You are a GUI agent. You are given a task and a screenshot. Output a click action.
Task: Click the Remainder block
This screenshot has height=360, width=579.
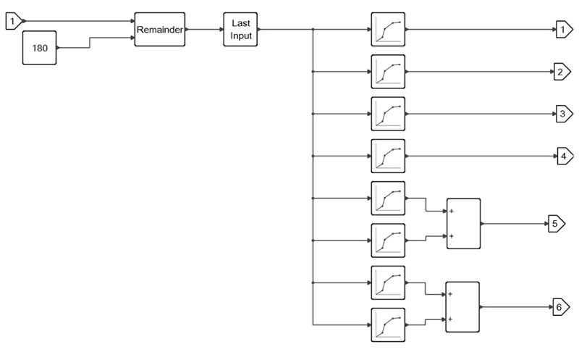click(x=159, y=30)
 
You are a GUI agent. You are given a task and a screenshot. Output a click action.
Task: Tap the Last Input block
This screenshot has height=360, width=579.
click(x=240, y=30)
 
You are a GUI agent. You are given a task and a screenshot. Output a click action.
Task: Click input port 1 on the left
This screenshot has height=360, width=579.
click(x=14, y=22)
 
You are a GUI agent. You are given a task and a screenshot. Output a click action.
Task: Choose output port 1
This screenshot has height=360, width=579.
click(x=562, y=30)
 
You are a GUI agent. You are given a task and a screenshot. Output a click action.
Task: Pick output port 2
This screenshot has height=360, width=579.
click(x=562, y=72)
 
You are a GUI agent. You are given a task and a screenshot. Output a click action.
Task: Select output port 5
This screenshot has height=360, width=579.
click(x=555, y=224)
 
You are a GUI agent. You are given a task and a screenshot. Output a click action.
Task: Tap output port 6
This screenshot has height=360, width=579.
click(x=562, y=306)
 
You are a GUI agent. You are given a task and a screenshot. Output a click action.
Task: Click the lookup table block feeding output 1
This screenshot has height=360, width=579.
click(x=389, y=30)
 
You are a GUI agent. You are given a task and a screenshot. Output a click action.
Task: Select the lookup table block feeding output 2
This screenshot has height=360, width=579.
click(x=389, y=72)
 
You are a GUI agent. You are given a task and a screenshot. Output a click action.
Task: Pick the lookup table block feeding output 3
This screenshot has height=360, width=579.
click(x=389, y=114)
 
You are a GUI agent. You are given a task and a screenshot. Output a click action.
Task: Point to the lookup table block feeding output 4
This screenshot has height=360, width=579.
click(x=389, y=156)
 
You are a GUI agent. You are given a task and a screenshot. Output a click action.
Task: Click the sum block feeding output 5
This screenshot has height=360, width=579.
click(x=462, y=224)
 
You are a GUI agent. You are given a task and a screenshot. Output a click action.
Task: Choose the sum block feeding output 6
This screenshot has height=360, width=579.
click(x=462, y=306)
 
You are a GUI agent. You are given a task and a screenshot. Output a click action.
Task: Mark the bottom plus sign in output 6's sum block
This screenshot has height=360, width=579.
click(x=451, y=319)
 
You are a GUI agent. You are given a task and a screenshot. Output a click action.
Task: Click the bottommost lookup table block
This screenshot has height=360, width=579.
click(x=389, y=325)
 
